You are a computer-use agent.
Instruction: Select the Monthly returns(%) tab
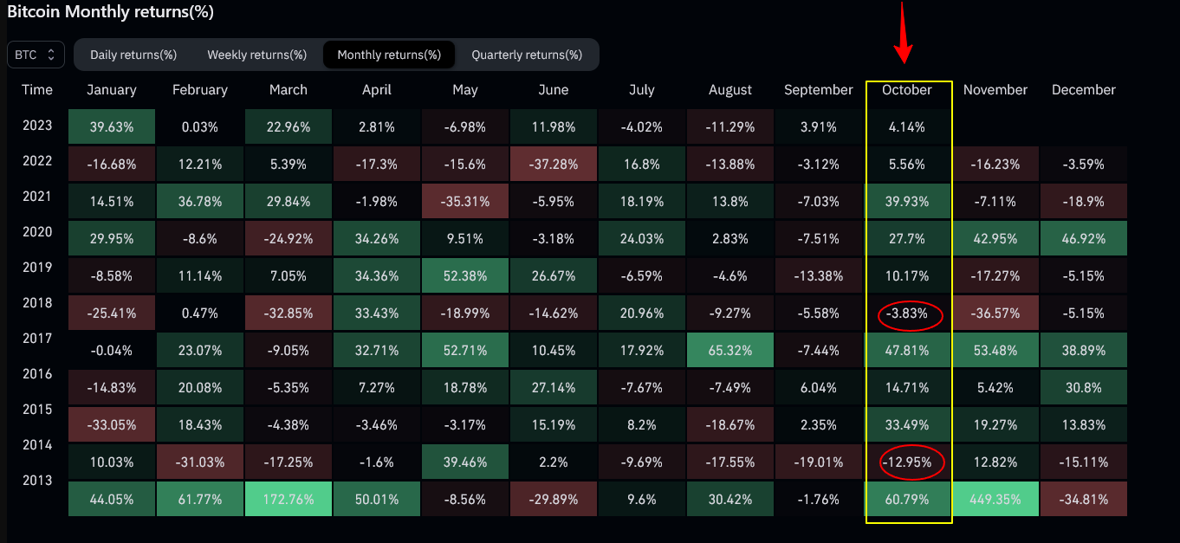pos(389,55)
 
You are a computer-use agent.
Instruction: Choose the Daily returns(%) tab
pos(133,55)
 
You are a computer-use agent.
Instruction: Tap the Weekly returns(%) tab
pos(256,55)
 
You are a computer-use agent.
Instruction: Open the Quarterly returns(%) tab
pos(527,55)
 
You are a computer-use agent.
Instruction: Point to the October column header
pos(906,90)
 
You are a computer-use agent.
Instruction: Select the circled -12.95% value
pos(907,462)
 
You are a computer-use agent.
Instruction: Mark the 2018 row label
pos(37,303)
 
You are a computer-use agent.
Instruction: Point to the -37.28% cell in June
pos(554,163)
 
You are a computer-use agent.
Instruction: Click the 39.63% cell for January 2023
pos(112,126)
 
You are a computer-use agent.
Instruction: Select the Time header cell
pos(37,90)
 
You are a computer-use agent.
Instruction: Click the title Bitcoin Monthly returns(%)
pos(110,12)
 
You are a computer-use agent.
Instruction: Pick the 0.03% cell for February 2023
pos(200,127)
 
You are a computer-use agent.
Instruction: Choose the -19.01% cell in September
pos(819,462)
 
